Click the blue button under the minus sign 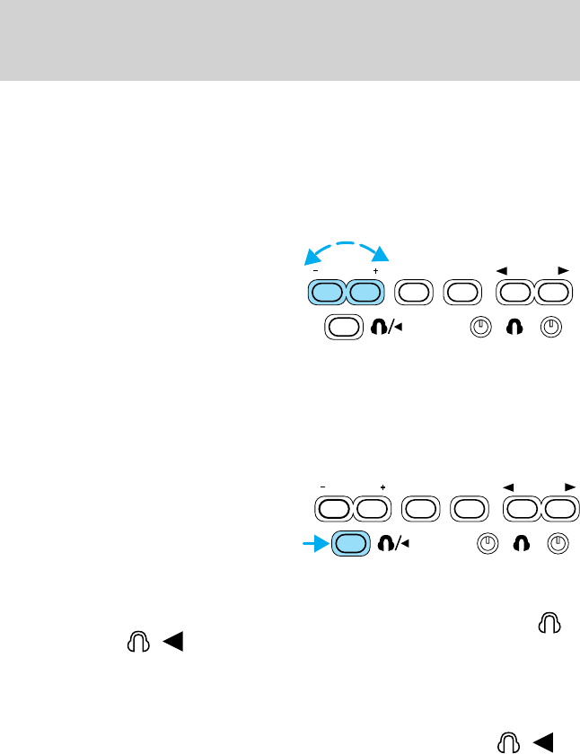click(326, 293)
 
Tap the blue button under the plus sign click(364, 293)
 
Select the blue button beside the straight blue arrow click(351, 544)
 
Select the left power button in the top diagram click(481, 328)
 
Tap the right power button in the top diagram click(550, 328)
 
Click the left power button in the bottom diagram click(487, 544)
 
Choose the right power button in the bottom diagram click(558, 544)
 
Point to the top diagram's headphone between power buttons click(516, 328)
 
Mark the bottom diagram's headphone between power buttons click(523, 544)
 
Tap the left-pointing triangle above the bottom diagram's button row click(508, 487)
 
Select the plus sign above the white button click(382, 487)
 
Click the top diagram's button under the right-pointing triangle click(553, 293)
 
